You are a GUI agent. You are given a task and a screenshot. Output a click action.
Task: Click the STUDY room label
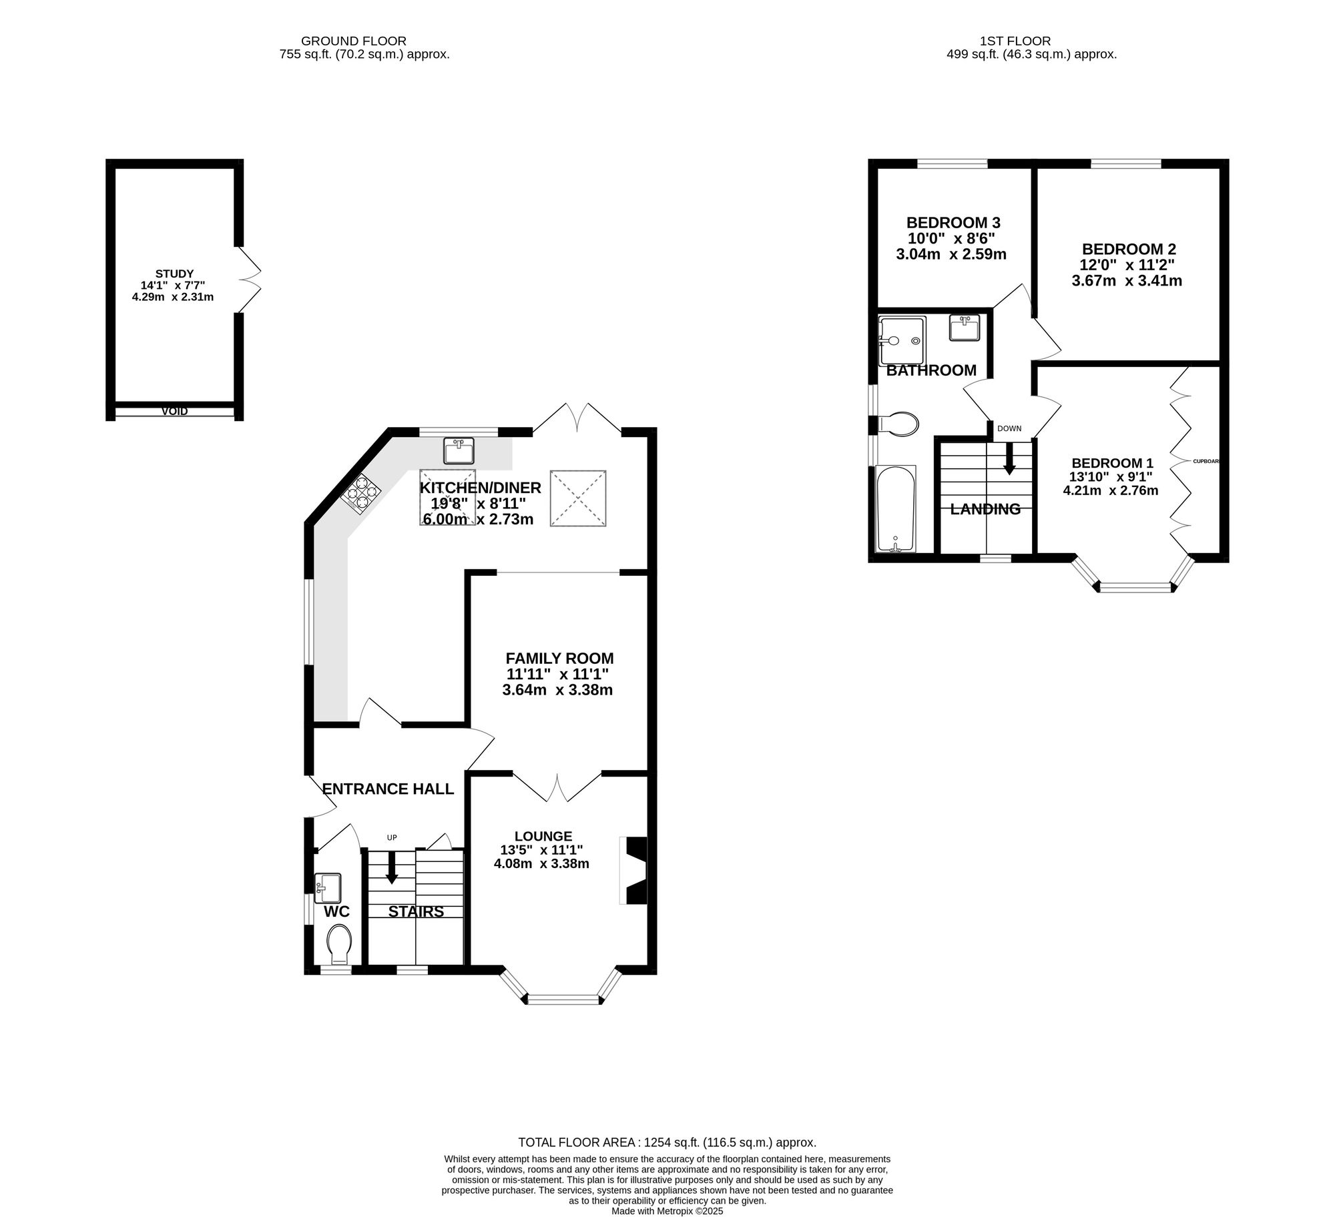174,274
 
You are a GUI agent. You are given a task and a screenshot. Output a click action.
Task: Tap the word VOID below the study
174,412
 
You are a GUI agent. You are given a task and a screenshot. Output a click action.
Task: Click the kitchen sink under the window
459,450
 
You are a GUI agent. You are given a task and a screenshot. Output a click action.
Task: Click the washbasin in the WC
327,888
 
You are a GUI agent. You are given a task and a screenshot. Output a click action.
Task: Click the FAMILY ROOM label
559,659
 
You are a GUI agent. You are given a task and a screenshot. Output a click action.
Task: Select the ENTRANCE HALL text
388,789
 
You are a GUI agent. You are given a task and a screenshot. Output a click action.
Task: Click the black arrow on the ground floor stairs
392,867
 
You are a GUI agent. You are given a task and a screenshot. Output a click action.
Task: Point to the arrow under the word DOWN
1009,459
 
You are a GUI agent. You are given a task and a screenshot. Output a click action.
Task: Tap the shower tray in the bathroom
902,340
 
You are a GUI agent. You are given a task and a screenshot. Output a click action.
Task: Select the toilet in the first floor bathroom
898,424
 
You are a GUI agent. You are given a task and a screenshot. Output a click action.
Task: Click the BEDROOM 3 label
953,223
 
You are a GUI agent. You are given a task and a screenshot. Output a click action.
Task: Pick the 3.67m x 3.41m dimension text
1127,281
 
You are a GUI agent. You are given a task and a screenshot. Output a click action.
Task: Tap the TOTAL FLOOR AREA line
667,1142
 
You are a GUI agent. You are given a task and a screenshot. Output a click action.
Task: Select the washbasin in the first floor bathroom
965,328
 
